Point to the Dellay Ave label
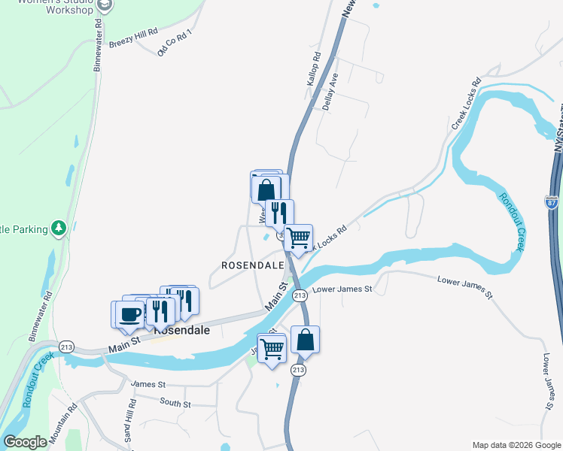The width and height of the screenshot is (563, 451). click(x=330, y=92)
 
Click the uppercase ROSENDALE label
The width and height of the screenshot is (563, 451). click(x=252, y=265)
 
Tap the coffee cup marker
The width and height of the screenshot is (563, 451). click(x=129, y=313)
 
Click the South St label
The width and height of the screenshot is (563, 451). click(x=175, y=404)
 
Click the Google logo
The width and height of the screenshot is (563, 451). click(x=25, y=442)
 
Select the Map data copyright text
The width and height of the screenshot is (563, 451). click(x=516, y=445)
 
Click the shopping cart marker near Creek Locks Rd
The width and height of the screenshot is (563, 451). click(x=299, y=238)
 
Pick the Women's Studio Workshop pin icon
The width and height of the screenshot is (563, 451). click(x=105, y=6)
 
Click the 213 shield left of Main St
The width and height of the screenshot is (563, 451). click(x=67, y=347)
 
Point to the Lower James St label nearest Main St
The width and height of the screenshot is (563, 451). click(x=342, y=289)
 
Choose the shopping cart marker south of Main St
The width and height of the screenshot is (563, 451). click(x=272, y=347)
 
